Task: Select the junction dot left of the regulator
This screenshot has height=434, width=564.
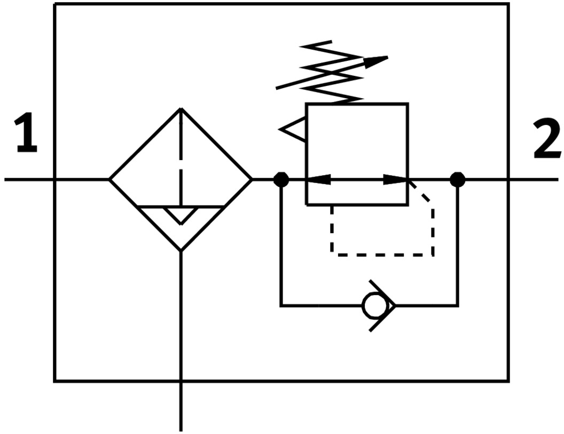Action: click(281, 179)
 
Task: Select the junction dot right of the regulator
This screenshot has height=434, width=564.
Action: click(457, 179)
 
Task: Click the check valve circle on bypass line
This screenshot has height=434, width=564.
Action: click(372, 306)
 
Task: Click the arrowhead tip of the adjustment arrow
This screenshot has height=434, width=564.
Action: click(386, 57)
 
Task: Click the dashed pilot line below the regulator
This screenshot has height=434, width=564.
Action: click(382, 255)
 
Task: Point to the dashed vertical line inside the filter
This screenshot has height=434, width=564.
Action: click(181, 155)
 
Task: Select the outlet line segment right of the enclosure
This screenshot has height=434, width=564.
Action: click(534, 179)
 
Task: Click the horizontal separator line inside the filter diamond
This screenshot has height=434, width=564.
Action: click(155, 206)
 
